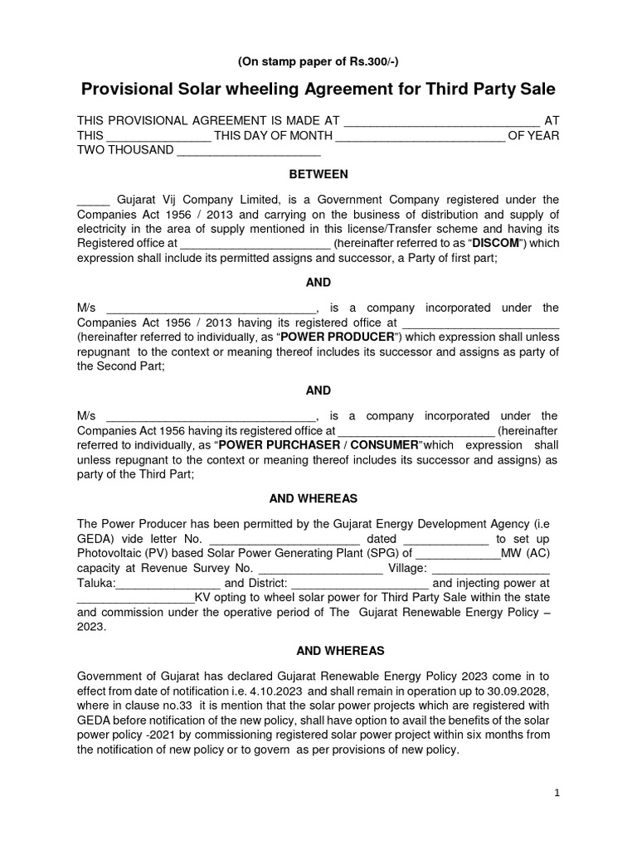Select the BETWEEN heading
(318, 174)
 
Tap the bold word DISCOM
(497, 244)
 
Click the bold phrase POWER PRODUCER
(338, 338)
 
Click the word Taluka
(97, 584)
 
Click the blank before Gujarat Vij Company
(93, 200)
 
